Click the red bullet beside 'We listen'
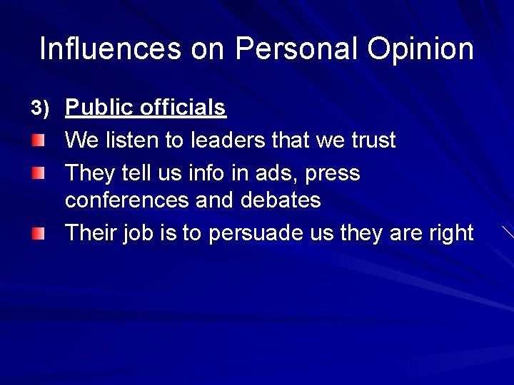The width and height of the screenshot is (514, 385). (37, 140)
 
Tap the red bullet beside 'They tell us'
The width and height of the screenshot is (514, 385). (37, 173)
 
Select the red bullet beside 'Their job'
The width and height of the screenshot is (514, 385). (37, 233)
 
